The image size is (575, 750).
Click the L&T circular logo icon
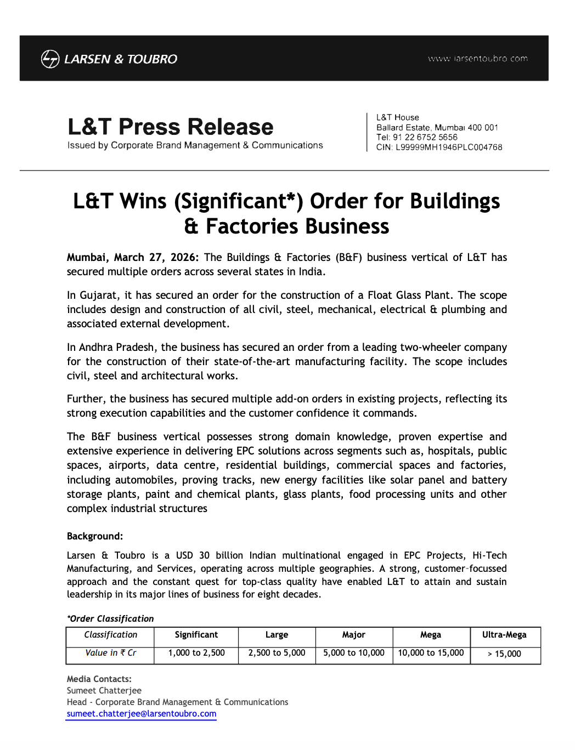[50, 59]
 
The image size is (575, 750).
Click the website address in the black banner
[477, 59]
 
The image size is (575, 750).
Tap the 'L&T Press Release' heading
[170, 127]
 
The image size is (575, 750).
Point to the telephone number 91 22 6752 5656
[425, 137]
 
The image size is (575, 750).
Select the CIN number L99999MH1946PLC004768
[449, 147]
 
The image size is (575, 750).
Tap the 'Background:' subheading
[95, 536]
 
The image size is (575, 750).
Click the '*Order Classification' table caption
[110, 618]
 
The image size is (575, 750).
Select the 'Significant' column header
[196, 635]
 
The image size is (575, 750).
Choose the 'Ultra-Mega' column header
[504, 635]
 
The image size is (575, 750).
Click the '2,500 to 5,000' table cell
[277, 653]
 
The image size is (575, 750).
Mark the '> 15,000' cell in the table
[504, 654]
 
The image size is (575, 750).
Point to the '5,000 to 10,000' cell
[354, 653]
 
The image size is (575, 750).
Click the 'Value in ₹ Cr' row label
[111, 653]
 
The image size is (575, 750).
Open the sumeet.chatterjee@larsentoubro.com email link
[142, 714]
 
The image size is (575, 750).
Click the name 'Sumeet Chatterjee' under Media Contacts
[104, 691]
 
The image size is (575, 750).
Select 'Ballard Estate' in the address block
[403, 128]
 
